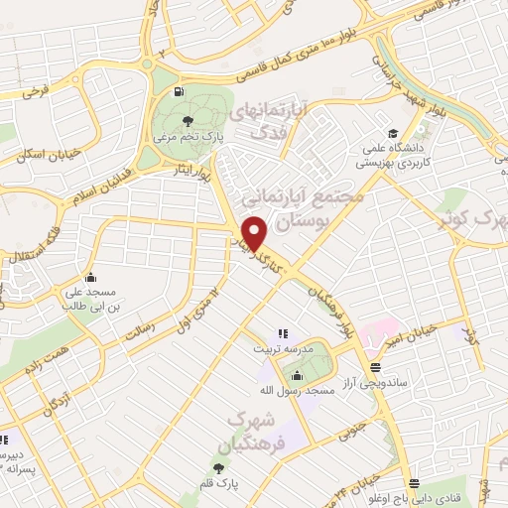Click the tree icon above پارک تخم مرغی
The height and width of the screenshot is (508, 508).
pyautogui.click(x=190, y=121)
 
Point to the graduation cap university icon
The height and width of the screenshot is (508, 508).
pyautogui.click(x=394, y=133)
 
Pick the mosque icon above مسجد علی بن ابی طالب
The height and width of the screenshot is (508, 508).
pyautogui.click(x=91, y=277)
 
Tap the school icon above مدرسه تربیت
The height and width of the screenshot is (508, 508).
pyautogui.click(x=283, y=334)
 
